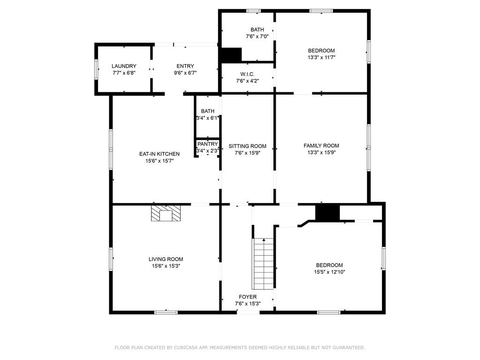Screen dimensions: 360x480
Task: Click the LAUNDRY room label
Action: [124, 66]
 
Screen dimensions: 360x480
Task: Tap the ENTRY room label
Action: [185, 66]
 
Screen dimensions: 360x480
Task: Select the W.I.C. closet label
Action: [247, 74]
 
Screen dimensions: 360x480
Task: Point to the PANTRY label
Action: [207, 144]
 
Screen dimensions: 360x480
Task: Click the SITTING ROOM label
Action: [247, 146]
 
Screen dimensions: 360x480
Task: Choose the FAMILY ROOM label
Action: [321, 146]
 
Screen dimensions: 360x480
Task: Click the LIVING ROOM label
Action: [165, 259]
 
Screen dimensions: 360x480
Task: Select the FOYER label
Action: [247, 297]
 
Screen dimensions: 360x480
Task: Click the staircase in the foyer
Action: [263, 264]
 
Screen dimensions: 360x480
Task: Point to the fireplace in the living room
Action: [165, 213]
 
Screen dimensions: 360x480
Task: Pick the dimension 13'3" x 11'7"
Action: [321, 57]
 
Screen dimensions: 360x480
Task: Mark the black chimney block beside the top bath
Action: [231, 55]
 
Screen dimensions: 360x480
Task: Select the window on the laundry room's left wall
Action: [97, 69]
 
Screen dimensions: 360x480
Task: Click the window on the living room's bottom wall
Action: [166, 312]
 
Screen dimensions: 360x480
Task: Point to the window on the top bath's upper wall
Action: [254, 11]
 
